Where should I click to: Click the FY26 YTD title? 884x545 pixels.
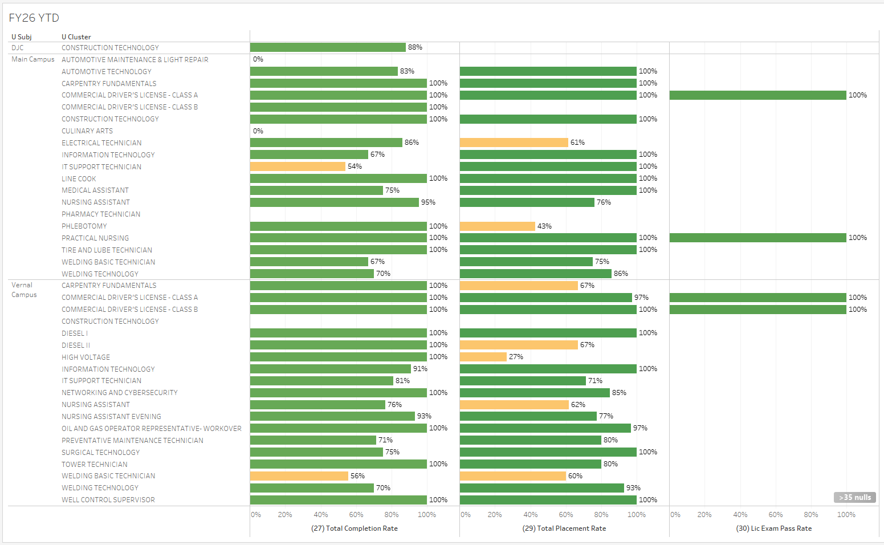(x=34, y=18)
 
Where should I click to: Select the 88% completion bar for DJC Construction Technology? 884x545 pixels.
(x=328, y=47)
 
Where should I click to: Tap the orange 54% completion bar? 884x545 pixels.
(x=298, y=166)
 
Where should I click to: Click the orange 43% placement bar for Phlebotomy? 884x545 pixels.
(x=497, y=226)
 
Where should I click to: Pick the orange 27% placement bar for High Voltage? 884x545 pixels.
(x=483, y=357)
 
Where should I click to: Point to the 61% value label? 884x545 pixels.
(x=577, y=143)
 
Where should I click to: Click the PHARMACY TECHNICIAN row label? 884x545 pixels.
(x=101, y=214)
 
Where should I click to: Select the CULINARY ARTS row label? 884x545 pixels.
(x=87, y=131)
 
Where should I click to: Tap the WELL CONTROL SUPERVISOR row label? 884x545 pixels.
(x=108, y=500)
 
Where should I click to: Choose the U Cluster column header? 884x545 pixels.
(x=76, y=37)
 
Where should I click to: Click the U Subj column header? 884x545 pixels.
(x=22, y=37)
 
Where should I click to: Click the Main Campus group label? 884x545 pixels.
(x=33, y=59)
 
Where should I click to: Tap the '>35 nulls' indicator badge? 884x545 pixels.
(x=854, y=497)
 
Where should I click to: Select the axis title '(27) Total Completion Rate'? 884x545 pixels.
(x=355, y=528)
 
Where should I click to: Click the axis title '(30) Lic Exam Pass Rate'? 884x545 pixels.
(x=774, y=528)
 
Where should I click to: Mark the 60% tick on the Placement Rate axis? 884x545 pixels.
(x=566, y=515)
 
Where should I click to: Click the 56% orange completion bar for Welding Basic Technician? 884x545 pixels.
(x=299, y=476)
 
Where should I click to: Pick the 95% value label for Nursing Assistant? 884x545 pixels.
(x=428, y=202)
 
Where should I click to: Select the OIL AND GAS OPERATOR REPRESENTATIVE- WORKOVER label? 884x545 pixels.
(x=152, y=429)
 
